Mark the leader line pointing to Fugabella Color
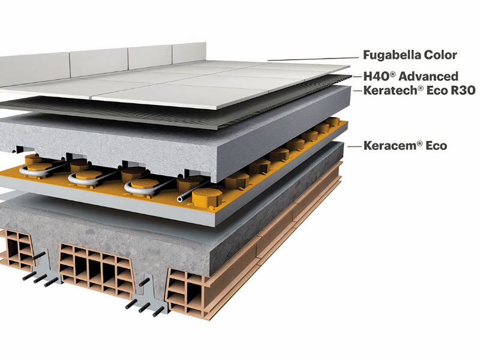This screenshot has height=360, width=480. point(313,59)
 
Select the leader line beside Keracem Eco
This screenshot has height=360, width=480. point(354,146)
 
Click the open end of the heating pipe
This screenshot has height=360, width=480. point(179,199)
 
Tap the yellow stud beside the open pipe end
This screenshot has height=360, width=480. point(207,197)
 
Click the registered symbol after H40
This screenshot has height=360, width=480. point(393,73)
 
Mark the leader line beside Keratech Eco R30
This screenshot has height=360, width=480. point(358,91)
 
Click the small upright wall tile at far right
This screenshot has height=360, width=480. point(190,53)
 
